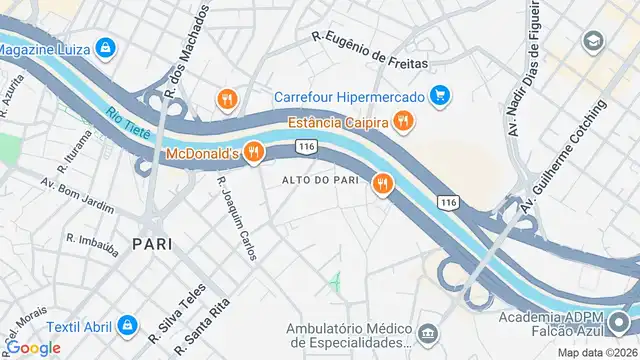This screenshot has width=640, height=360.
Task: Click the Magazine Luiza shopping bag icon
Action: (105, 47)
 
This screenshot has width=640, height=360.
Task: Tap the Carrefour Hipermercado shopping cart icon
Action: (440, 96)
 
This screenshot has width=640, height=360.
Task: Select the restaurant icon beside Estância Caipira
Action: (403, 122)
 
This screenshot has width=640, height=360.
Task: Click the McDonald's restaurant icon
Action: (254, 153)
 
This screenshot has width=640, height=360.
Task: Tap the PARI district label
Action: (152, 243)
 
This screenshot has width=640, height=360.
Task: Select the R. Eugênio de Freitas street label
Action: (369, 49)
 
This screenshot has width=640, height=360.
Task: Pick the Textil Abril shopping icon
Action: (126, 325)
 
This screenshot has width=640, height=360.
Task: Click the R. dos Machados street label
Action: (187, 55)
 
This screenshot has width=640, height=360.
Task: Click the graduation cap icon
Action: (595, 41)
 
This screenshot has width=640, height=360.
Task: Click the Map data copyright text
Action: (597, 352)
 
